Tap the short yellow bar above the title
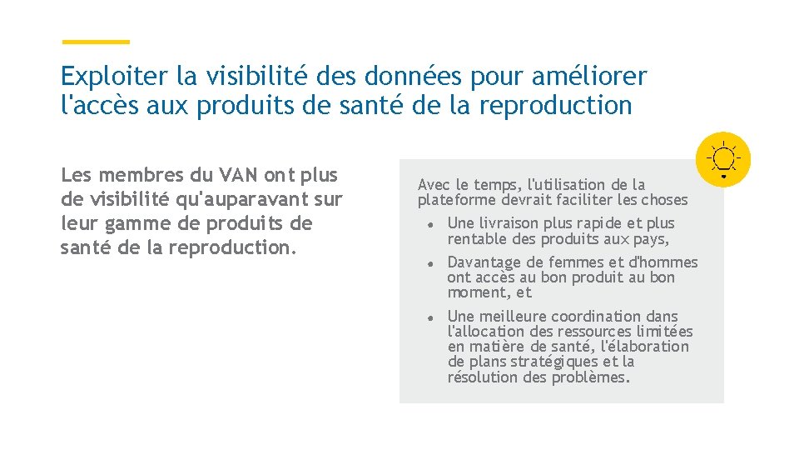pos(97,42)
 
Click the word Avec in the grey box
pos(433,185)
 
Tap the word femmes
pos(569,262)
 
